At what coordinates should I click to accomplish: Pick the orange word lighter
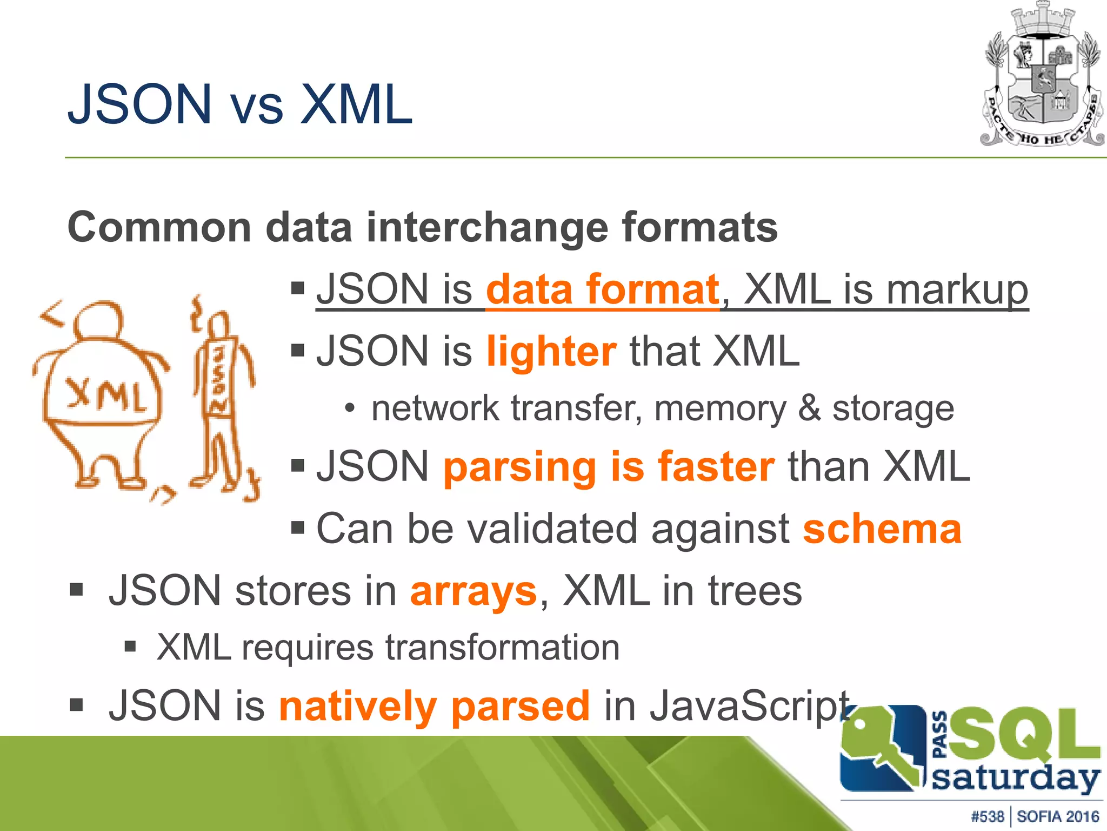[x=551, y=352]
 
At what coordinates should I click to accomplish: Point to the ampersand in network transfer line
[x=809, y=408]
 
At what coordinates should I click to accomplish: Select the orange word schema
[x=882, y=529]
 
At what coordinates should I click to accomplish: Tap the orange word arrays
[x=474, y=591]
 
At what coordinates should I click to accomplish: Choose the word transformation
[x=502, y=648]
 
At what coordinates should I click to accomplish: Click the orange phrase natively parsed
[x=434, y=706]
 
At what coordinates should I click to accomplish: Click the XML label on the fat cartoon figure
[x=106, y=396]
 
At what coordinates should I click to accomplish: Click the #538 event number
[x=987, y=816]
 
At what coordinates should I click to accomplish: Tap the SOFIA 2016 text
[x=1058, y=816]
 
